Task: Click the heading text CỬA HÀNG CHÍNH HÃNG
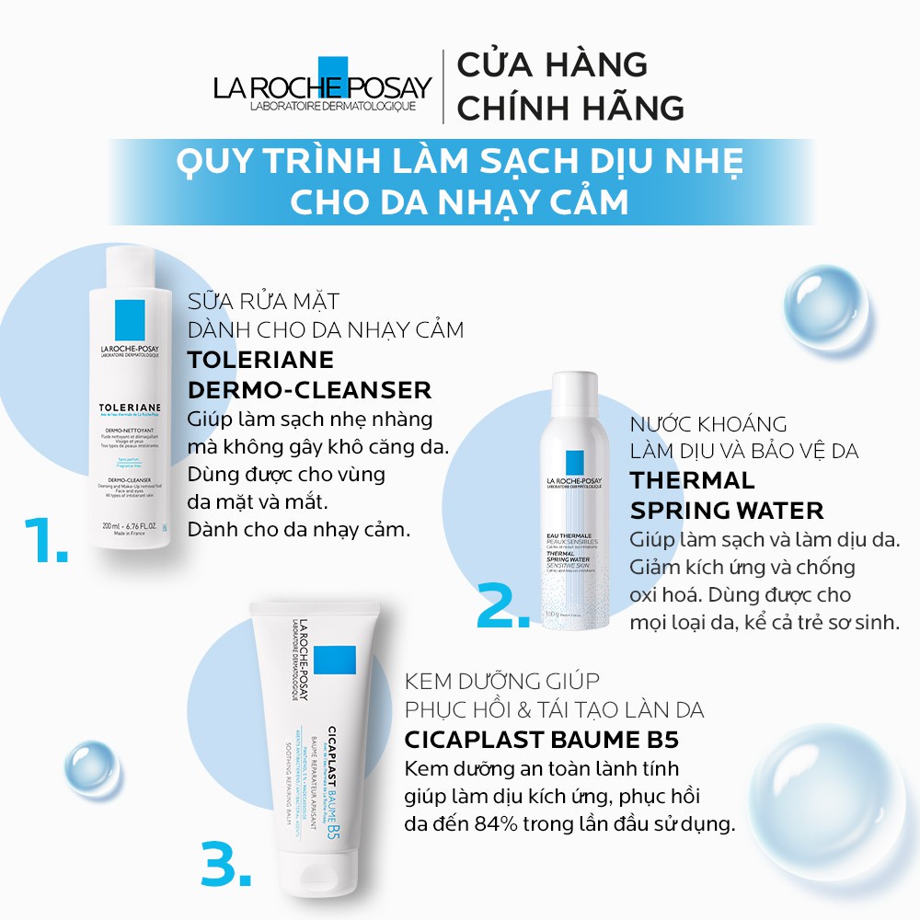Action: tap(570, 86)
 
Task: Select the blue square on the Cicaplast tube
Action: tap(334, 661)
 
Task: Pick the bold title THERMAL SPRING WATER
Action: tap(726, 495)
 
